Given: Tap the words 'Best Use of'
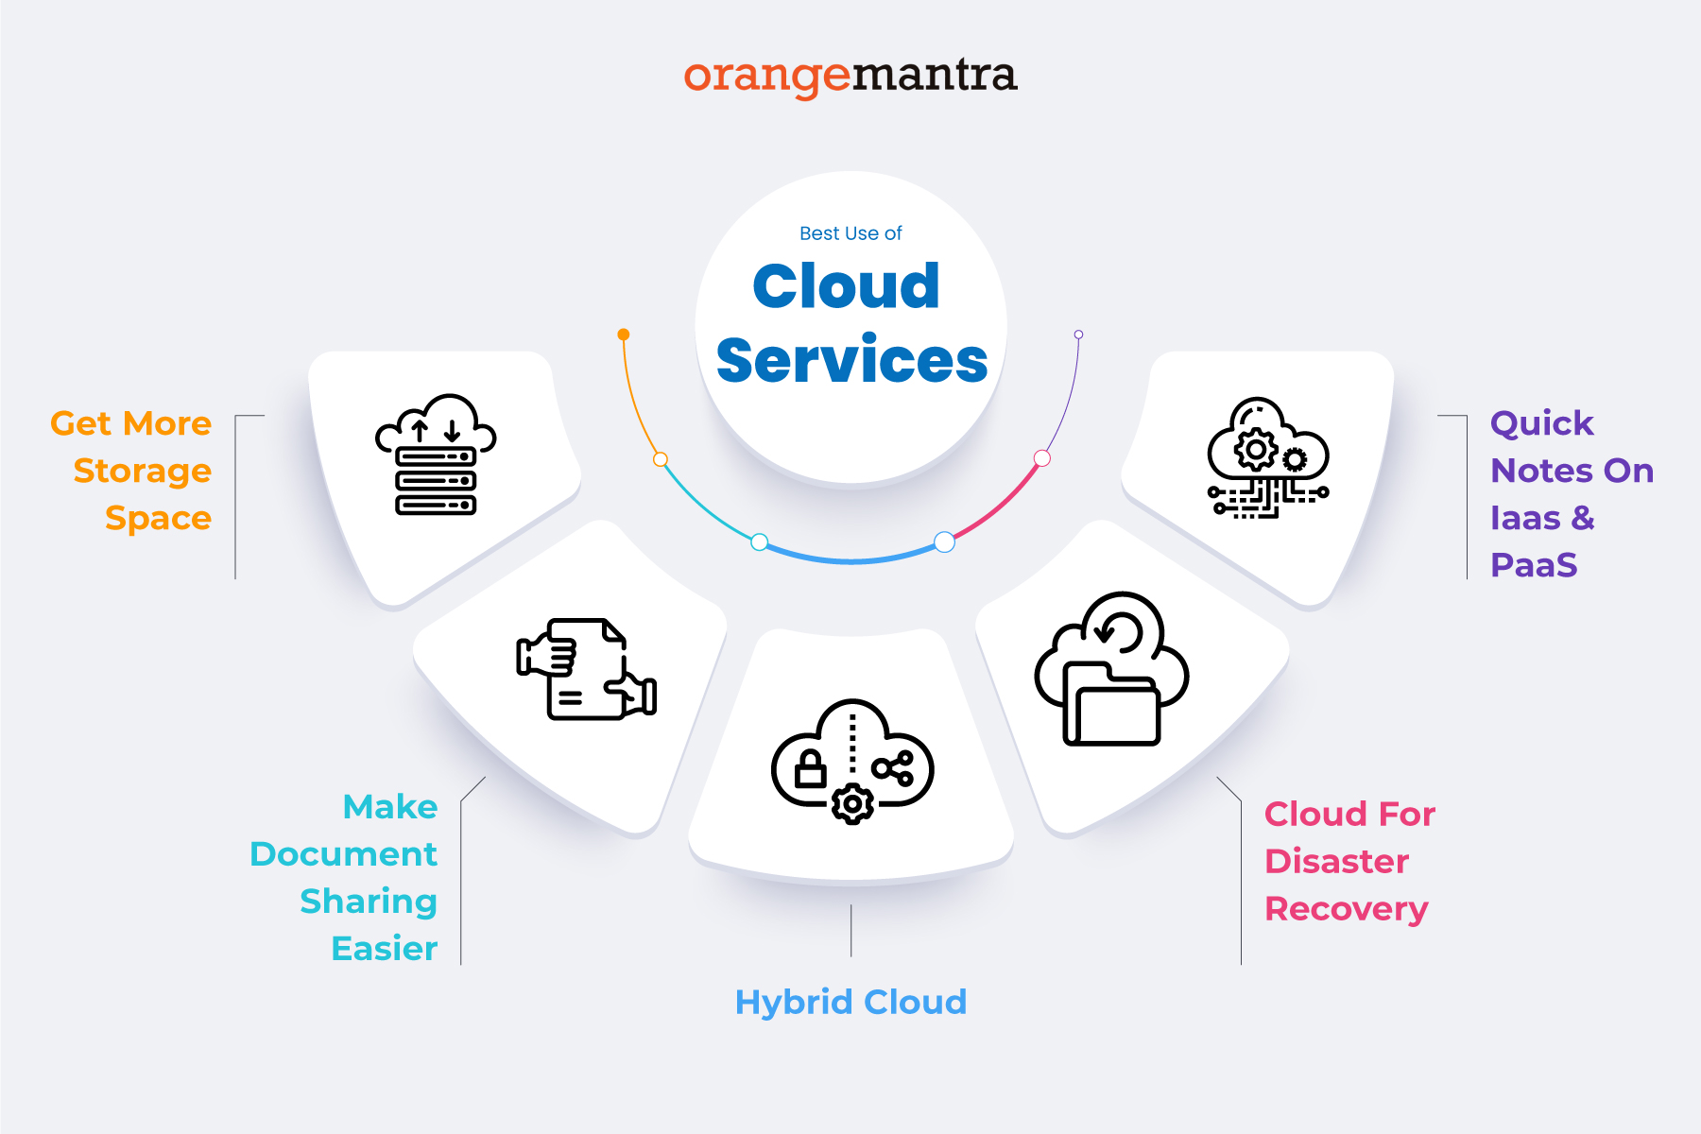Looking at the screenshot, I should coord(850,233).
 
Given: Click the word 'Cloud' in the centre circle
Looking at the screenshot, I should coord(846,285).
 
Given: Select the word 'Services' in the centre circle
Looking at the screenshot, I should coord(851,360).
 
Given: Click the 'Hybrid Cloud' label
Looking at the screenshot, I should coord(850,1002).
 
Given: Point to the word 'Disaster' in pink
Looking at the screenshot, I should coord(1336,862).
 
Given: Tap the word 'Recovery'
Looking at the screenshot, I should coord(1346,909).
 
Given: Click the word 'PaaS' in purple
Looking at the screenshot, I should coord(1534,565).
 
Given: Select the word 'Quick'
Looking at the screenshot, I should coord(1541,423).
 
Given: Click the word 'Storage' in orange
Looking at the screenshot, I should coord(142,471).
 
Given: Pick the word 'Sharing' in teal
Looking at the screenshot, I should coord(369,902).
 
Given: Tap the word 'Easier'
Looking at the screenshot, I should coord(384,949).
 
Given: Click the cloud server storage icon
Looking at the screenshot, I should coord(436,455).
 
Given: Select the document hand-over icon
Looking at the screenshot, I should coord(586,669).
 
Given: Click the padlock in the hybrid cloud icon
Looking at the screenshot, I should coord(810,769).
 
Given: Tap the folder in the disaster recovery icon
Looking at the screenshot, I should coord(1111,704).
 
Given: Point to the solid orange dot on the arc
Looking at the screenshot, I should coord(624,335).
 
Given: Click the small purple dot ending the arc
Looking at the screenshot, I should coord(1078,335).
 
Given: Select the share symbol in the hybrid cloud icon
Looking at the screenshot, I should coord(893,768).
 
